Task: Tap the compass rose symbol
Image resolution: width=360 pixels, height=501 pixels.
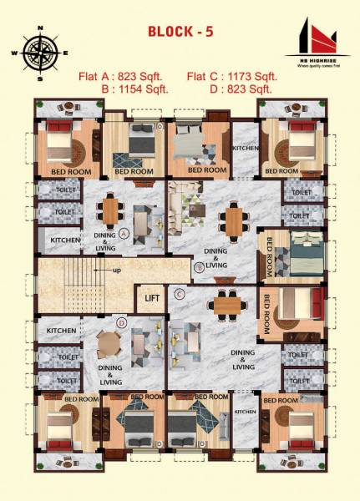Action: (39, 53)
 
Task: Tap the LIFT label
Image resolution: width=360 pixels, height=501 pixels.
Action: (151, 297)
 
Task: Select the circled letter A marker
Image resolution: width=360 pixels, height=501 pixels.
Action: (124, 234)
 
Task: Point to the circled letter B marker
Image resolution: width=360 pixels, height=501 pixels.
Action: (199, 268)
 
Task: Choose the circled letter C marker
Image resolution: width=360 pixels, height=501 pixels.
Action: (180, 293)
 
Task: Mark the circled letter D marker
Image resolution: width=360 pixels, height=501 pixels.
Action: (122, 321)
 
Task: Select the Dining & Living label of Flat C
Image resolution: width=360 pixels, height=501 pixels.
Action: (243, 359)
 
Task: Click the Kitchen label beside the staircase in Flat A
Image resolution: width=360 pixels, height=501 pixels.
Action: (65, 240)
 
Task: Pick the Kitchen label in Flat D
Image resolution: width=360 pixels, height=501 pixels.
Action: (61, 331)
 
